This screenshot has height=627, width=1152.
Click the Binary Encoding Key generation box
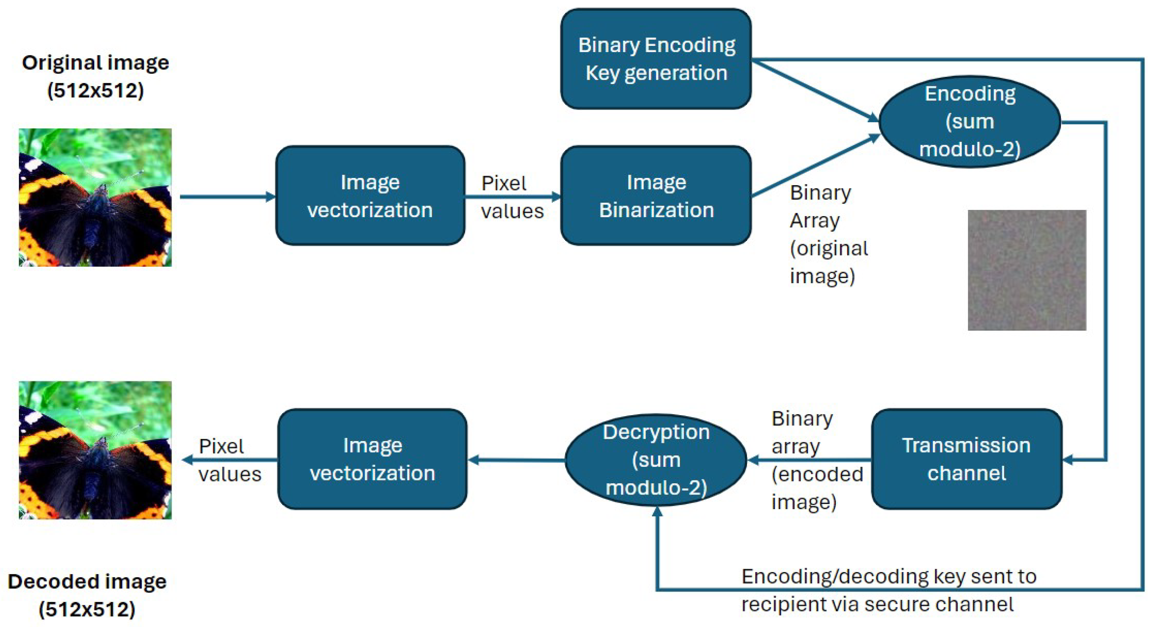pyautogui.click(x=656, y=59)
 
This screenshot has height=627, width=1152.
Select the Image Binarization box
pyautogui.click(x=656, y=196)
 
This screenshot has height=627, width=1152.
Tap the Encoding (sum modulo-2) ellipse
pyautogui.click(x=970, y=122)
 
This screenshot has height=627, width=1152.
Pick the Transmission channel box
pyautogui.click(x=966, y=459)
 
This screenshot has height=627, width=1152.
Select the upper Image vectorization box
pyautogui.click(x=370, y=196)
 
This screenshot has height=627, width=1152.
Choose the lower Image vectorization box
pyautogui.click(x=372, y=459)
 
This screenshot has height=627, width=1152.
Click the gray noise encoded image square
pyautogui.click(x=1027, y=270)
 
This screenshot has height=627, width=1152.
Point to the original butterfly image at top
pyautogui.click(x=95, y=197)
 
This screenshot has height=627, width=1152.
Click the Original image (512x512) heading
pyautogui.click(x=95, y=76)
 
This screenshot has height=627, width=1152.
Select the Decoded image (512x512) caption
pyautogui.click(x=87, y=595)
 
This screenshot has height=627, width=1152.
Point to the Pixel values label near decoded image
pyautogui.click(x=229, y=460)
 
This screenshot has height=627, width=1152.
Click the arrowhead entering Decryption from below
pyautogui.click(x=657, y=511)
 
